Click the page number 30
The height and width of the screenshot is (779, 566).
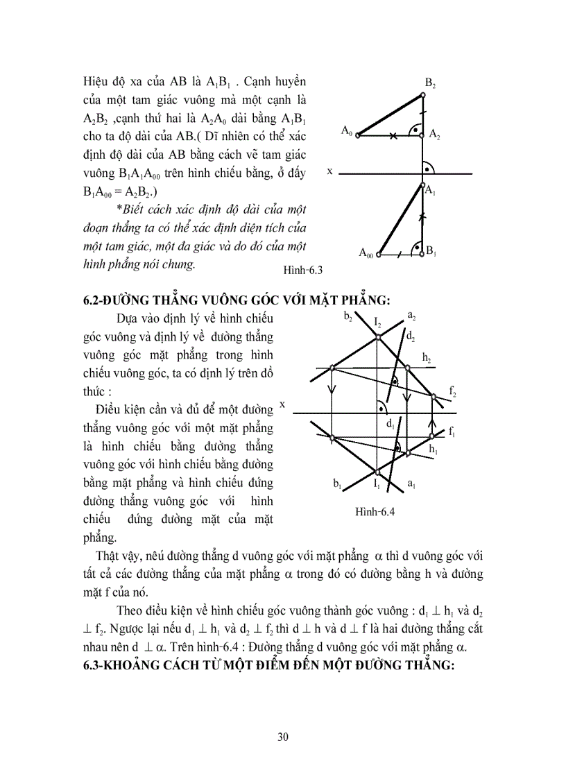pos(282,737)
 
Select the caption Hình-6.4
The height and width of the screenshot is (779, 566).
pos(375,512)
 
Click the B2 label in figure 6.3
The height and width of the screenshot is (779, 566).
pos(430,84)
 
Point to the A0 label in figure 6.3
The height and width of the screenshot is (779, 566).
pos(347,130)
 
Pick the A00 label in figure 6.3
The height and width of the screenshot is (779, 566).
pos(366,254)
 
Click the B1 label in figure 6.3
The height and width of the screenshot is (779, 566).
pos(431,250)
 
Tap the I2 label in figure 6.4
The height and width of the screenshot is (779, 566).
pos(377,322)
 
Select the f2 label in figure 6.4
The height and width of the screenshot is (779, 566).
pos(452,392)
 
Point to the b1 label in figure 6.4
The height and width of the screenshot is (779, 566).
pos(337,483)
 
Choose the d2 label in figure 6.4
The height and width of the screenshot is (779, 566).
pos(411,336)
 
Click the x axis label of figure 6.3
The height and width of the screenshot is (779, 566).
pos(330,170)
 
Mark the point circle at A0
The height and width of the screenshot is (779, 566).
pos(358,136)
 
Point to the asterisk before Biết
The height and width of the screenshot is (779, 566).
pos(119,209)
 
